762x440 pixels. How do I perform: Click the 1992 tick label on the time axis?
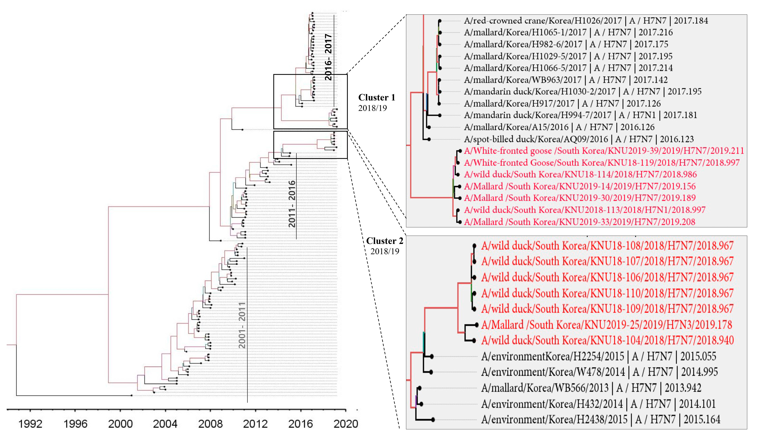pos(30,424)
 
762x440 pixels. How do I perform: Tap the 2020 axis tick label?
pos(346,424)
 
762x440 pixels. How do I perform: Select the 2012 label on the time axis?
pos(255,424)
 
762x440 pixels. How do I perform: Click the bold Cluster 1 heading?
pos(377,98)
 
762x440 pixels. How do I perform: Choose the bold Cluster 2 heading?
pos(384,241)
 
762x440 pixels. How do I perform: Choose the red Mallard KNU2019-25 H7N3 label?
pos(606,325)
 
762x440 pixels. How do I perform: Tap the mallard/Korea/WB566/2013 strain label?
pos(591,388)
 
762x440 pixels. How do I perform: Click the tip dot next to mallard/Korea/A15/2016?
pos(429,127)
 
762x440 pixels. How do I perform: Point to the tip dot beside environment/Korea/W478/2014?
pos(431,372)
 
